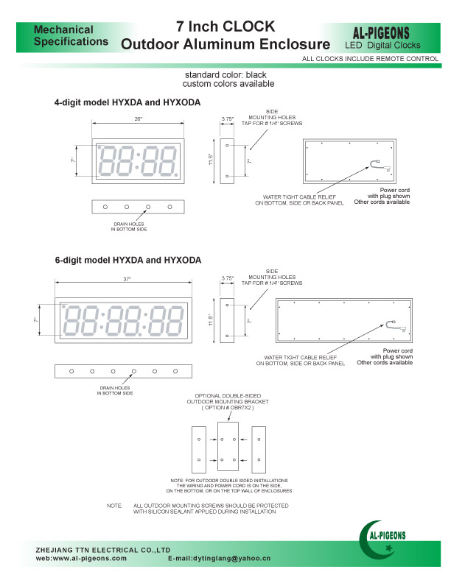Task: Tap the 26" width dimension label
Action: point(138,119)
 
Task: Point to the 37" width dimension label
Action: point(127,279)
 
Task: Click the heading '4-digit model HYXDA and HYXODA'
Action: point(127,102)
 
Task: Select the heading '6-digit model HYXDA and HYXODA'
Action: point(127,261)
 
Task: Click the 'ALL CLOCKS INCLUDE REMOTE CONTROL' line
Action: point(371,58)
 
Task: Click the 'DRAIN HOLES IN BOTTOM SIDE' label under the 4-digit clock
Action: point(130,227)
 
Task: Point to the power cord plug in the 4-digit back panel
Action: point(377,166)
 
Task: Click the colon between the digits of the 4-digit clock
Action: point(138,160)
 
